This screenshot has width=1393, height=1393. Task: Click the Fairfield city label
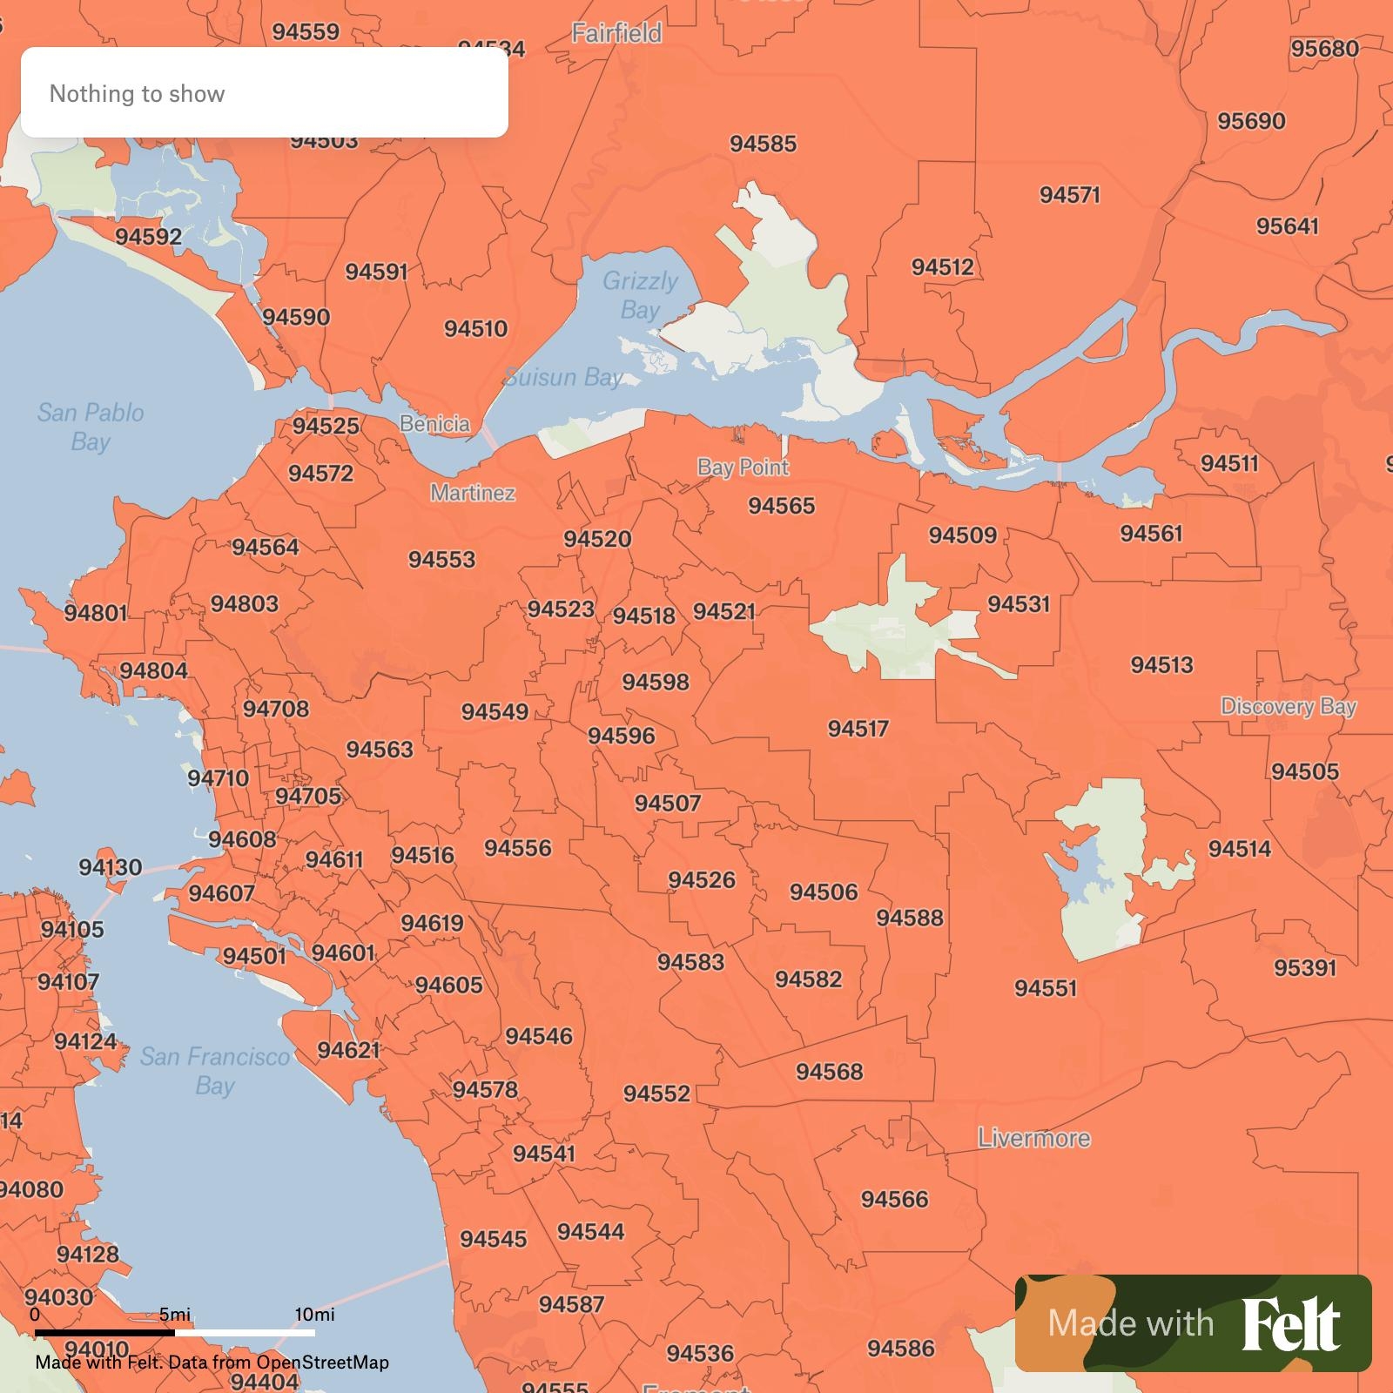616,33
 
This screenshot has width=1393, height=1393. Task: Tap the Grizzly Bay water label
640,295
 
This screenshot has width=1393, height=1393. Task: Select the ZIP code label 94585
763,144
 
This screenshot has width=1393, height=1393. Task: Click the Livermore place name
1033,1138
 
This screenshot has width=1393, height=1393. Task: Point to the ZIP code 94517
858,729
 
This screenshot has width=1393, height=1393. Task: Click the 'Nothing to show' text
137,93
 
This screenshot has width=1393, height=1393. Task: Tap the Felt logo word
1290,1324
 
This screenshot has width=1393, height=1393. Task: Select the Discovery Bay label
1288,706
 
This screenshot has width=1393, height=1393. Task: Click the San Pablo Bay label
91,427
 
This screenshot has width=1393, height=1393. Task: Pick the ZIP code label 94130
110,867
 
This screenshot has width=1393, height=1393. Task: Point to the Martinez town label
473,493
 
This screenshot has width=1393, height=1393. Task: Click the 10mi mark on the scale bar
314,1315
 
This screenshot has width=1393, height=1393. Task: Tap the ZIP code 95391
1304,967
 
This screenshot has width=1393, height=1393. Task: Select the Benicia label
434,424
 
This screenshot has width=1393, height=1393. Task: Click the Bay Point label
743,468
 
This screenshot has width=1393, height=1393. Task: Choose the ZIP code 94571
1069,195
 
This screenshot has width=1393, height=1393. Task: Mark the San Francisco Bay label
215,1071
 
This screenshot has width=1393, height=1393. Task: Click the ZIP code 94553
441,560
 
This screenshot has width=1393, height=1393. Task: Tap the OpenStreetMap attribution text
322,1363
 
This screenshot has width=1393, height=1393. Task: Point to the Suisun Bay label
563,377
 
